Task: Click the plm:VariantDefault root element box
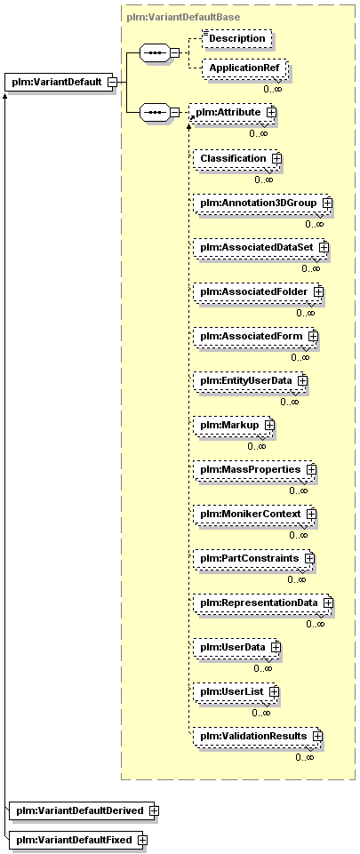point(60,83)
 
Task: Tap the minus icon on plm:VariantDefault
point(111,83)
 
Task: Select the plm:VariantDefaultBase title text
point(183,17)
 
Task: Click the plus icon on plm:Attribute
point(271,111)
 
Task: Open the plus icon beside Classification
point(276,158)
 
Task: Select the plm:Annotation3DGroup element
point(262,203)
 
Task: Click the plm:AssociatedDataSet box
point(260,247)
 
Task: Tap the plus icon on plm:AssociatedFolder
point(318,292)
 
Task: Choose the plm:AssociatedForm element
point(255,337)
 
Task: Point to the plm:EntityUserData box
point(251,380)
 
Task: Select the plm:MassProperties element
point(255,469)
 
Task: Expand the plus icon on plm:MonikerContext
point(311,514)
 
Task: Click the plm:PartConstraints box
point(254,558)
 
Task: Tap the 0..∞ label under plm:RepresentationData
point(315,624)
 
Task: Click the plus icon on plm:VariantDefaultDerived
point(155,810)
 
